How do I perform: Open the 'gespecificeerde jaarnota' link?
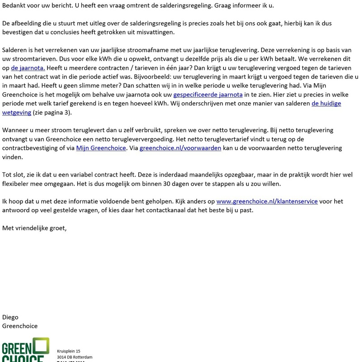tap(208, 95)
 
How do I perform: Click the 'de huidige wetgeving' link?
tap(327, 104)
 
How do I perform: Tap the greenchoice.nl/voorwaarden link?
tap(180, 148)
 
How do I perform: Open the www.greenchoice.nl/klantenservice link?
tap(267, 201)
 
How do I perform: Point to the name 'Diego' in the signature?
tap(10, 317)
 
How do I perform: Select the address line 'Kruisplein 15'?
tap(69, 351)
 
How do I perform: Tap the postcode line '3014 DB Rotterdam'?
tap(75, 357)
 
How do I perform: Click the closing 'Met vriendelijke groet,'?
tap(34, 228)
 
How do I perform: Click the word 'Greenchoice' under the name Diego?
tap(20, 326)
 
